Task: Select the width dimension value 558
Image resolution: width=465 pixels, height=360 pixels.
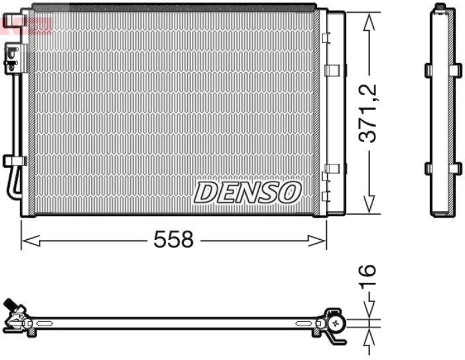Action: [173, 239]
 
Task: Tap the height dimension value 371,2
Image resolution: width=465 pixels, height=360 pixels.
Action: [368, 113]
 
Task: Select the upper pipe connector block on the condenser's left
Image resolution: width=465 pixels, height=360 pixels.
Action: [11, 58]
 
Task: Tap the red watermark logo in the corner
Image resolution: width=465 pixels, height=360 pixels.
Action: [26, 23]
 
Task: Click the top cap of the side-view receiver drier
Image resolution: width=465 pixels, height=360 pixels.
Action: [441, 8]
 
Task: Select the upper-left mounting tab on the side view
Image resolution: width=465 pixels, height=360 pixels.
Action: [429, 70]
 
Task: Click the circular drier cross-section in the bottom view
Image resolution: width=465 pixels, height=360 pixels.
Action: [335, 323]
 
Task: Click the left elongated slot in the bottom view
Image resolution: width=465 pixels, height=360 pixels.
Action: [31, 323]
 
